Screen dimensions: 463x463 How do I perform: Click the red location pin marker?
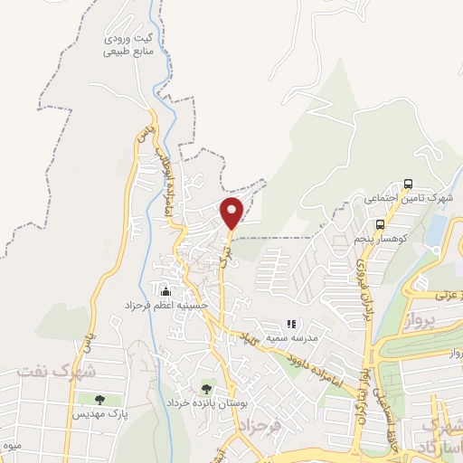tap(232, 213)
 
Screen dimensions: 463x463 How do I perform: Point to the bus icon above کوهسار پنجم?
tap(379, 223)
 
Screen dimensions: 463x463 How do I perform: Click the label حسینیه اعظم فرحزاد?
tap(167, 306)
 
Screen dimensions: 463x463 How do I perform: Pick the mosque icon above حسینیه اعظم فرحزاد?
tap(165, 291)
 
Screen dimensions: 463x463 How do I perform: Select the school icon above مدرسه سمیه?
tap(291, 323)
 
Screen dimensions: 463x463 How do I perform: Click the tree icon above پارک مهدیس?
tap(99, 399)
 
